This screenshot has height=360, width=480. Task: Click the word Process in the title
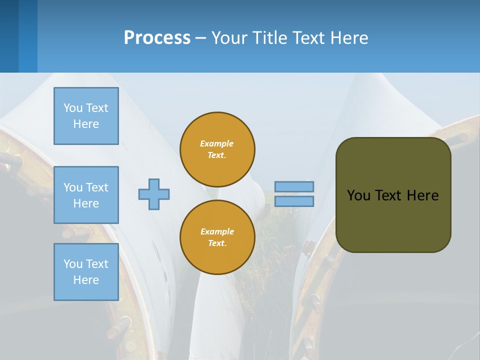pos(157,37)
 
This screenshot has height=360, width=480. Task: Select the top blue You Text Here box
pos(86,116)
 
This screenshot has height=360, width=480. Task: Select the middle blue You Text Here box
pos(86,195)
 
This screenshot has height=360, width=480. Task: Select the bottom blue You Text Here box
pos(86,271)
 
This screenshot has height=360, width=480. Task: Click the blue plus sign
pos(154,194)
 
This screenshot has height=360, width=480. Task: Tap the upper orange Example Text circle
pos(217,149)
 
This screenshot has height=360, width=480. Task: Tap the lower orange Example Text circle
pos(217,237)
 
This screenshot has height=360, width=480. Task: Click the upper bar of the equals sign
pos(294,186)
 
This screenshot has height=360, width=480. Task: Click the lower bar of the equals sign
pos(294,201)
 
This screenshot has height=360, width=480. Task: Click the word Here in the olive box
pos(422,195)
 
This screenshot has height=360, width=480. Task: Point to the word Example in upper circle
pos(216,143)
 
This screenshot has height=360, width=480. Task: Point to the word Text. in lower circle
pos(217,243)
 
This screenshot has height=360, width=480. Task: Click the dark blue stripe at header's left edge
pos(9,36)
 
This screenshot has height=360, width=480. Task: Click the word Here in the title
pos(349,37)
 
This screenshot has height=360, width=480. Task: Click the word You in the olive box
pos(358,195)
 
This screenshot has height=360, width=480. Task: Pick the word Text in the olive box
pos(388,195)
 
